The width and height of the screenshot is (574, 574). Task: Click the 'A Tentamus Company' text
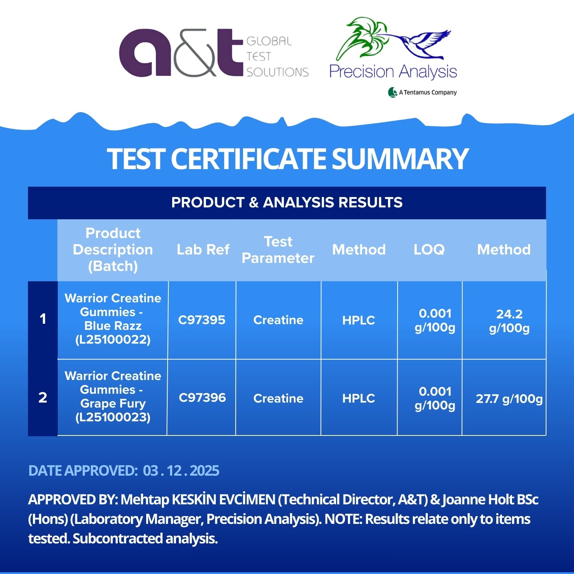pos(422,92)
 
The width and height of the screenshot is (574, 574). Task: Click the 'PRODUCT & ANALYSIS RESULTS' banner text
pos(287,202)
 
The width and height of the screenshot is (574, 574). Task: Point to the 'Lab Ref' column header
pos(203,249)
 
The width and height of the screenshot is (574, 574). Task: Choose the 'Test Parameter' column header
pos(278,250)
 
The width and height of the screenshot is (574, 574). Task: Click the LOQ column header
pos(429,249)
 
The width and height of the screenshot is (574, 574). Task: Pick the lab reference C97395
pos(202,320)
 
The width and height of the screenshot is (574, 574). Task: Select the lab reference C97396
pos(202,398)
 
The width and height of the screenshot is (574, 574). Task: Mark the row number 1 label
pos(43,319)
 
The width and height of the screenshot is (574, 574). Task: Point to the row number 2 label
pos(43,398)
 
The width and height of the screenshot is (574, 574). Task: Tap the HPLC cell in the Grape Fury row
pos(359,398)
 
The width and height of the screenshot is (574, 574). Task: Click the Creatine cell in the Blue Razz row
pos(278,320)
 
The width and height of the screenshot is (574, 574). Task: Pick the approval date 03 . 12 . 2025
pos(181,471)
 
